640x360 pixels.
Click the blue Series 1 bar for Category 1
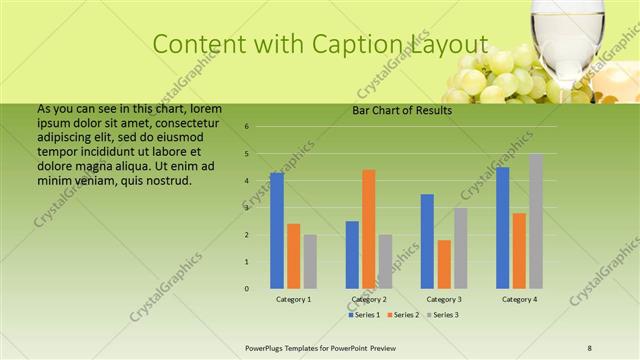click(277, 230)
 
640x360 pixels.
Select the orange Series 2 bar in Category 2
click(369, 229)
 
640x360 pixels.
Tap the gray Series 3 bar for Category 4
click(536, 221)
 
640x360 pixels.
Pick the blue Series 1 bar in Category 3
click(427, 241)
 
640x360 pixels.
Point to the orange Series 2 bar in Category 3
click(444, 264)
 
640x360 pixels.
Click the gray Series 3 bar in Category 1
click(310, 261)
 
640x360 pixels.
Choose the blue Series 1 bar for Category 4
click(502, 227)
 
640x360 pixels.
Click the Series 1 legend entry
click(365, 315)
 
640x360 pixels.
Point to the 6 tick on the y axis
click(247, 127)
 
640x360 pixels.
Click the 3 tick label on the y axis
click(247, 208)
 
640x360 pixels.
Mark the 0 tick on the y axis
click(247, 289)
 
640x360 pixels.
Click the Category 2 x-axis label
click(369, 299)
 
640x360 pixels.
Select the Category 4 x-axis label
click(519, 299)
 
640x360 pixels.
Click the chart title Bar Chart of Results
click(401, 110)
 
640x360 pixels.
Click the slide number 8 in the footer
click(589, 347)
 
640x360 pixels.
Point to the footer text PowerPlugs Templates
click(290, 347)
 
